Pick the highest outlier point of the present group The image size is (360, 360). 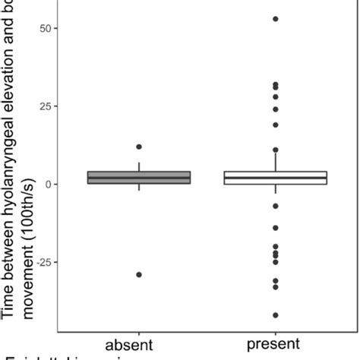[275, 19]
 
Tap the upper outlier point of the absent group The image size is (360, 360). [138, 147]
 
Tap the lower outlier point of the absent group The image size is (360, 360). [138, 274]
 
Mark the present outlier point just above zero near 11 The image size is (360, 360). [275, 150]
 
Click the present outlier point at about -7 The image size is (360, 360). [275, 206]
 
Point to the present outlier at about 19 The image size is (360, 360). [275, 125]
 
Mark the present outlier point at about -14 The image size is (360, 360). [275, 228]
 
